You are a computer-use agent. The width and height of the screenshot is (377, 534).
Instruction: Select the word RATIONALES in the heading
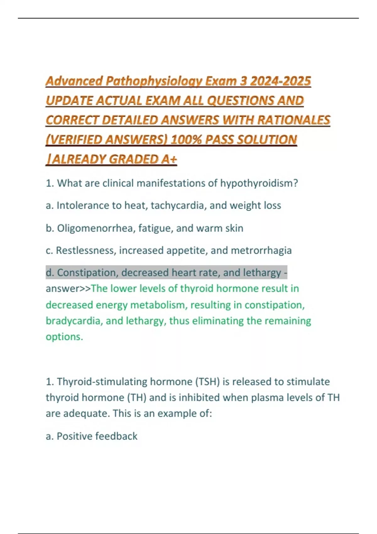[294, 120]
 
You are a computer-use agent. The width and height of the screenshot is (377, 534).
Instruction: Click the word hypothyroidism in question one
[259, 183]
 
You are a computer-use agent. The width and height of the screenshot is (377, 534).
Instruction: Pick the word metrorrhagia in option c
[261, 250]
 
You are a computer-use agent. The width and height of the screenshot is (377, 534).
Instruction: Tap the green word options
[64, 337]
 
